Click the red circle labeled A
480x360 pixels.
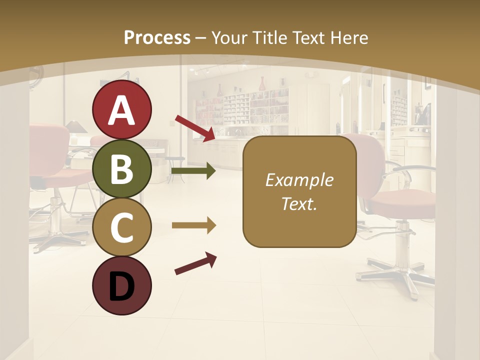122,109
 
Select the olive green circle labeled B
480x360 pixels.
122,168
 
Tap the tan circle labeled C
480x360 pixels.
122,227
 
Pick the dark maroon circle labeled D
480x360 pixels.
122,286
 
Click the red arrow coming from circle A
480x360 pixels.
195,128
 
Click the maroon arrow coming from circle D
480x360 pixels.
195,263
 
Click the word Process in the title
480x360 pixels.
157,37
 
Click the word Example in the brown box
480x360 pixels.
299,180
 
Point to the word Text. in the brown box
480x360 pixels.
299,203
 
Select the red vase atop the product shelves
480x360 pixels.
261,83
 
